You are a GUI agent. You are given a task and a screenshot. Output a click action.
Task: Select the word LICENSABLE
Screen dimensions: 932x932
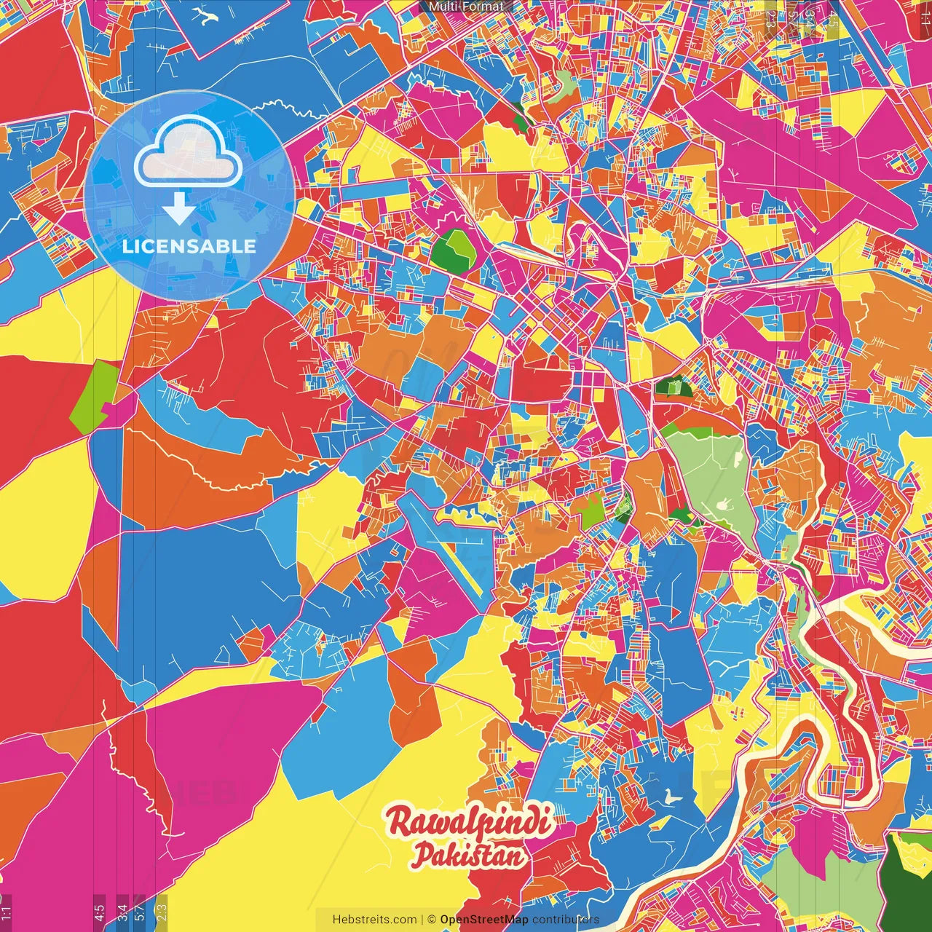coord(189,246)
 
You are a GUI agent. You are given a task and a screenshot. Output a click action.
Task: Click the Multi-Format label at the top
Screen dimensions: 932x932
coord(466,7)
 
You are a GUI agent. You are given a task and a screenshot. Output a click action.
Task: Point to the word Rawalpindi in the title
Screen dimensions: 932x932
coord(470,822)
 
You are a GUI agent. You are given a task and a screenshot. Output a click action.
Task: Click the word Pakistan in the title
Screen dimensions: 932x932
coord(468,855)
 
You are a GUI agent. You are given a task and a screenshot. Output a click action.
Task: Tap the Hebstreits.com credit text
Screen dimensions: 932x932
coord(374,920)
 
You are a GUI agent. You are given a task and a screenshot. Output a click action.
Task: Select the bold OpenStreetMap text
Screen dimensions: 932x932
coord(483,920)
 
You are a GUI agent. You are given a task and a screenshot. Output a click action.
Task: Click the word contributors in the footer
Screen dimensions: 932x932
coord(565,920)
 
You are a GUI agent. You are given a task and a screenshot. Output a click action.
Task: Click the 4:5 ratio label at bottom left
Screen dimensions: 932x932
coord(99,912)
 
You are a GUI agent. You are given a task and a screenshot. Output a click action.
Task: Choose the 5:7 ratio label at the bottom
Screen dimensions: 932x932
coord(140,912)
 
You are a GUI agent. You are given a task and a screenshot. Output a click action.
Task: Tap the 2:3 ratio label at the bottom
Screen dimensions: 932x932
coord(162,912)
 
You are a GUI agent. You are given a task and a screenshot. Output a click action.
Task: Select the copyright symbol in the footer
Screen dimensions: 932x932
coord(431,920)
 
